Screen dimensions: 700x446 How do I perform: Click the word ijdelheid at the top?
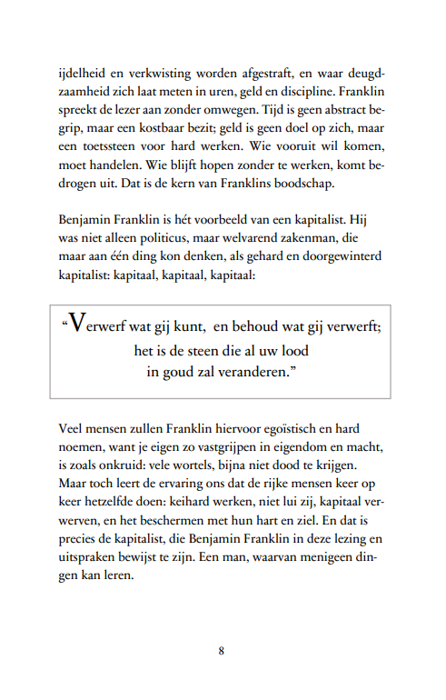click(x=81, y=72)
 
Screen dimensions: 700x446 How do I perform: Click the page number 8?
click(x=222, y=650)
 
